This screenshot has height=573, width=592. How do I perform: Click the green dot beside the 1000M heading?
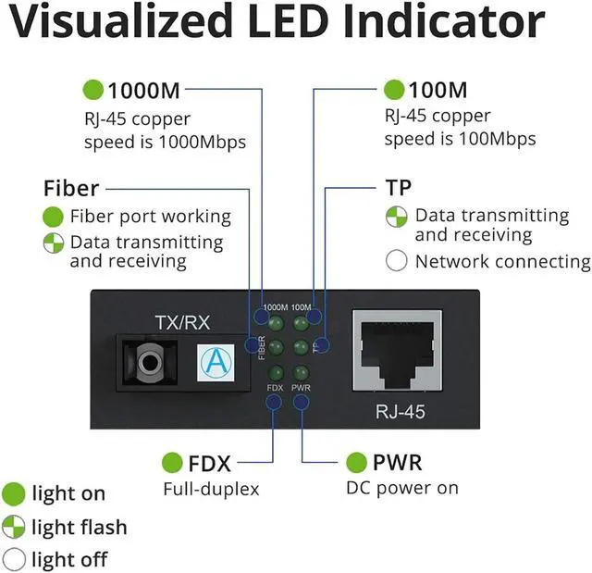93,91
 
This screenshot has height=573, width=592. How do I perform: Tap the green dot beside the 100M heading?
395,91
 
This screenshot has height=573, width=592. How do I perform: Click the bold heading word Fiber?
71,188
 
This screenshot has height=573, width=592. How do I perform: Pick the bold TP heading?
398,188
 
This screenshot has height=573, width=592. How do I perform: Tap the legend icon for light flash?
14,528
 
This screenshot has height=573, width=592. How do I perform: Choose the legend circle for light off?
14,559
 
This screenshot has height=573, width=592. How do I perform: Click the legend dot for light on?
14,493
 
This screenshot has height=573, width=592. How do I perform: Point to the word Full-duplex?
211,488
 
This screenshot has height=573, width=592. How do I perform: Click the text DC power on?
402,488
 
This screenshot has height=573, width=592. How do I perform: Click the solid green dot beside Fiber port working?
54,217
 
